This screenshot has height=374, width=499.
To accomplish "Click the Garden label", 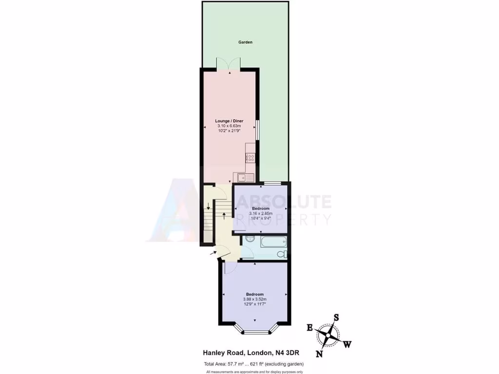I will tap(245, 42).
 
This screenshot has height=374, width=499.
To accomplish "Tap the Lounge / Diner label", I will tap(229, 121).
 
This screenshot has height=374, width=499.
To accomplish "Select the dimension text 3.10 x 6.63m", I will tap(229, 126).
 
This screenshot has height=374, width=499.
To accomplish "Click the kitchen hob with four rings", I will tap(250, 157).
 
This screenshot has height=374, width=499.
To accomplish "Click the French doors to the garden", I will tap(229, 63).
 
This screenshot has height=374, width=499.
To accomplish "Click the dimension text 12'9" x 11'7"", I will tap(254, 304).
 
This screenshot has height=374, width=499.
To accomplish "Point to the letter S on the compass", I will tap(336, 317).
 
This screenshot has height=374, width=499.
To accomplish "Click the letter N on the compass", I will tap(319, 354).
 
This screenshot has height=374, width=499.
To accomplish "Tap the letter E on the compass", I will tap(309, 328).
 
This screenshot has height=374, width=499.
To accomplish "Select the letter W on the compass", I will tap(347, 345).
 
